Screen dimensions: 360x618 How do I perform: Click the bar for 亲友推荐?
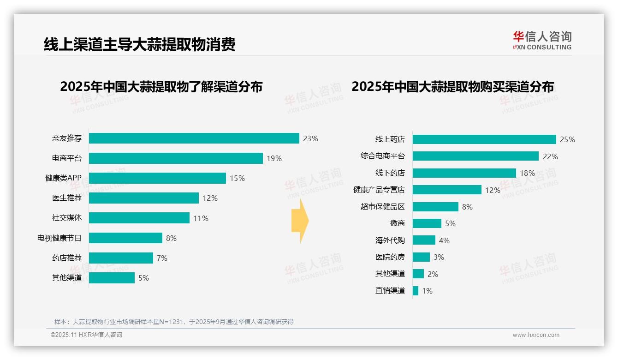coord(194,138)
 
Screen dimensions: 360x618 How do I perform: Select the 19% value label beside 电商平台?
coord(274,158)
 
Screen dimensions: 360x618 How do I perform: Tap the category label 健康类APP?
coord(63,178)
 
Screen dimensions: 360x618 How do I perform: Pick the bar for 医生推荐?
coord(143,198)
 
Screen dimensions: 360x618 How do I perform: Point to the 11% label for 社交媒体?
coord(201,218)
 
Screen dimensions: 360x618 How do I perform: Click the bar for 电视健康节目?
coord(125,238)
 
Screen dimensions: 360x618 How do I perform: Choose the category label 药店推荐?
coord(66,258)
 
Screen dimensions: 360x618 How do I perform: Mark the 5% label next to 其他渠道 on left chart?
coord(143,278)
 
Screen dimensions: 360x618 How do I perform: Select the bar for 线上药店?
coord(484,139)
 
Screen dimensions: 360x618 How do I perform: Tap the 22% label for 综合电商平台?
coord(550,156)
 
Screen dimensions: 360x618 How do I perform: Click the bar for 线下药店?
coord(464,173)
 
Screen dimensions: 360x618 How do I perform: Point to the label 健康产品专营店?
coord(379,190)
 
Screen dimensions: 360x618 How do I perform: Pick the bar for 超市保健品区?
coord(435,207)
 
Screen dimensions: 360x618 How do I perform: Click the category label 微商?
coord(397,223)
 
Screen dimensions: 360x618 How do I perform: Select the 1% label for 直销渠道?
coord(427,291)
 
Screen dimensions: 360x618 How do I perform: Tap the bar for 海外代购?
coord(424,240)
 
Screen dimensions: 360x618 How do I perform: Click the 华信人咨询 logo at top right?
coord(542,41)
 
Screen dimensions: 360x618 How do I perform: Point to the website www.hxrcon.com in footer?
coord(535,335)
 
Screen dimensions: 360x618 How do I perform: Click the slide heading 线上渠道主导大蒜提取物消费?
coord(139,44)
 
